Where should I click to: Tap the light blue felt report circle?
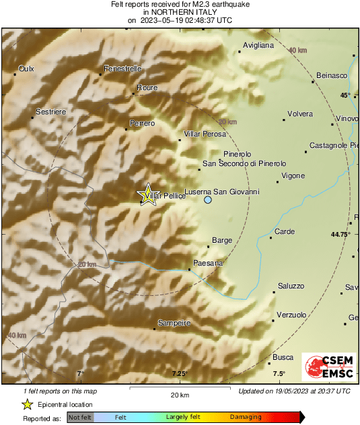pos(208,200)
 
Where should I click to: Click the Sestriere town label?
pos(51,110)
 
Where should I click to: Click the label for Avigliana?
pos(258,46)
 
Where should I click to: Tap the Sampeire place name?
pos(174,323)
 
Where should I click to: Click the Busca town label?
pos(283,357)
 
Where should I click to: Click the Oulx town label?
pos(26,69)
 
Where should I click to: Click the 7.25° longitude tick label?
pos(179,374)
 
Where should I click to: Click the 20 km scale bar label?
pos(179,394)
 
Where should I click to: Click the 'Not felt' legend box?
pos(80,418)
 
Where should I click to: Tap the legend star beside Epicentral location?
pos(28,404)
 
